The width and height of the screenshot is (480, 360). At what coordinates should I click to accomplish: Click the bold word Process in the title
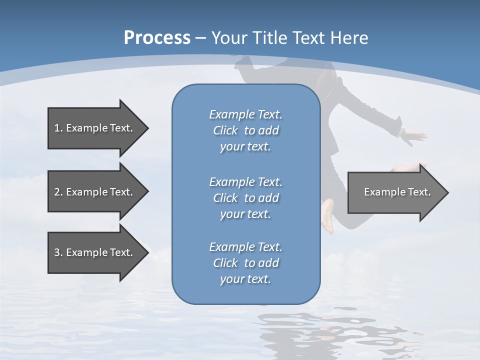[x=157, y=37]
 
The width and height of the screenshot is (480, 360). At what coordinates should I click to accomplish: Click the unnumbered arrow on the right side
[x=397, y=192]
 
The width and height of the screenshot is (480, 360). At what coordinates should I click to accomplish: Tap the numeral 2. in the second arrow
[x=58, y=192]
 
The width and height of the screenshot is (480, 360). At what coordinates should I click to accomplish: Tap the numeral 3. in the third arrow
[x=58, y=252]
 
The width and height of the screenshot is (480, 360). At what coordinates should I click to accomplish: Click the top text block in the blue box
[x=245, y=130]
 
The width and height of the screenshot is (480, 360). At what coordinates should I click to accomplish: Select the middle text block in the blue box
[x=245, y=197]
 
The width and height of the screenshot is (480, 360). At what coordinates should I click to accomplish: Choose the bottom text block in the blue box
[x=245, y=263]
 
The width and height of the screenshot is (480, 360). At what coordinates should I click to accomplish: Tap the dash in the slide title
[x=200, y=38]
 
